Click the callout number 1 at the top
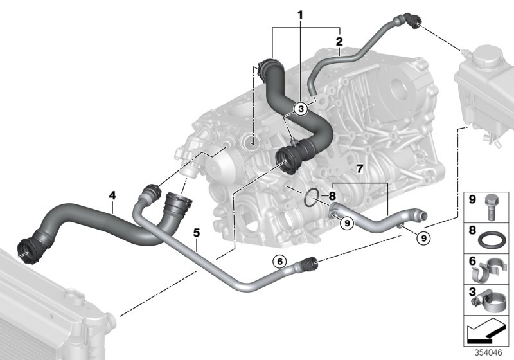[299, 14]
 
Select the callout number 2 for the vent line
[339, 42]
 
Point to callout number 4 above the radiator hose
[112, 194]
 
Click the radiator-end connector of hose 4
[26, 248]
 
